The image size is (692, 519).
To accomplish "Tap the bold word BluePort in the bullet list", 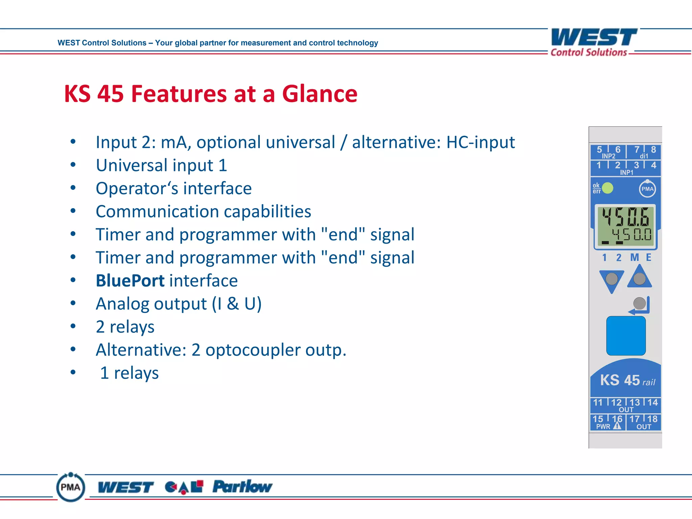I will (130, 281).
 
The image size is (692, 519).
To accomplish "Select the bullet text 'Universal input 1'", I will (161, 166).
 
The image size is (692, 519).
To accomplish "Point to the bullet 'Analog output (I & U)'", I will (178, 304).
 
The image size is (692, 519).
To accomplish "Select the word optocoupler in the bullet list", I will (252, 350).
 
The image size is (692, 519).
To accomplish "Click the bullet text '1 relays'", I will (129, 373).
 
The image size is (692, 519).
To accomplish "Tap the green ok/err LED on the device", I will (608, 188).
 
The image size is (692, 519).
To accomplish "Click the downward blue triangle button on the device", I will (612, 280).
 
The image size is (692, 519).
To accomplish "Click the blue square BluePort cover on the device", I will (626, 336).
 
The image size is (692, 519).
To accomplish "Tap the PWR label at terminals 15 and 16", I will (603, 427).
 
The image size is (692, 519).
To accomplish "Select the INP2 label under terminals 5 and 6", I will (608, 156).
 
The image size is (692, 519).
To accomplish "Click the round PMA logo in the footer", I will (70, 487).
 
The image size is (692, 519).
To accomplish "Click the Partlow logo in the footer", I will (242, 487).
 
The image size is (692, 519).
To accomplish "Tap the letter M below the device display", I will (635, 257).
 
